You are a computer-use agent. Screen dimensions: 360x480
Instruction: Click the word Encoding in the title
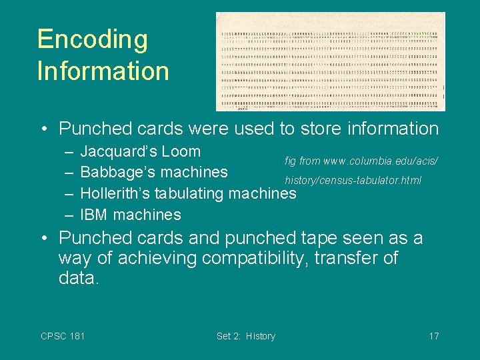click(x=92, y=39)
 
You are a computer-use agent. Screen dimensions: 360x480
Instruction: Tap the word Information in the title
click(x=103, y=71)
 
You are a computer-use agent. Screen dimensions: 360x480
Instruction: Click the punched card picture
click(x=330, y=61)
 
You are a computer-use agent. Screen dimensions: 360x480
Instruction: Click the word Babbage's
click(x=115, y=172)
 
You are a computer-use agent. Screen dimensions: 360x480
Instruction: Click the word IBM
click(x=94, y=215)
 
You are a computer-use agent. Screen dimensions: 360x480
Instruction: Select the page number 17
click(x=433, y=336)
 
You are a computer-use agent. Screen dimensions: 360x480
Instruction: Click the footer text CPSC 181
click(x=63, y=336)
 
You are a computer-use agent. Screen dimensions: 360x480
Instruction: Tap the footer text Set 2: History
click(x=245, y=336)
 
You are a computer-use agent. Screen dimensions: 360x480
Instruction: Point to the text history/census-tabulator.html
click(x=353, y=181)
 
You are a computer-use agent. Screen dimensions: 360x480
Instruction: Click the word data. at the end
click(x=79, y=278)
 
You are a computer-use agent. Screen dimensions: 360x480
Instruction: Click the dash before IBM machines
click(x=69, y=215)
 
